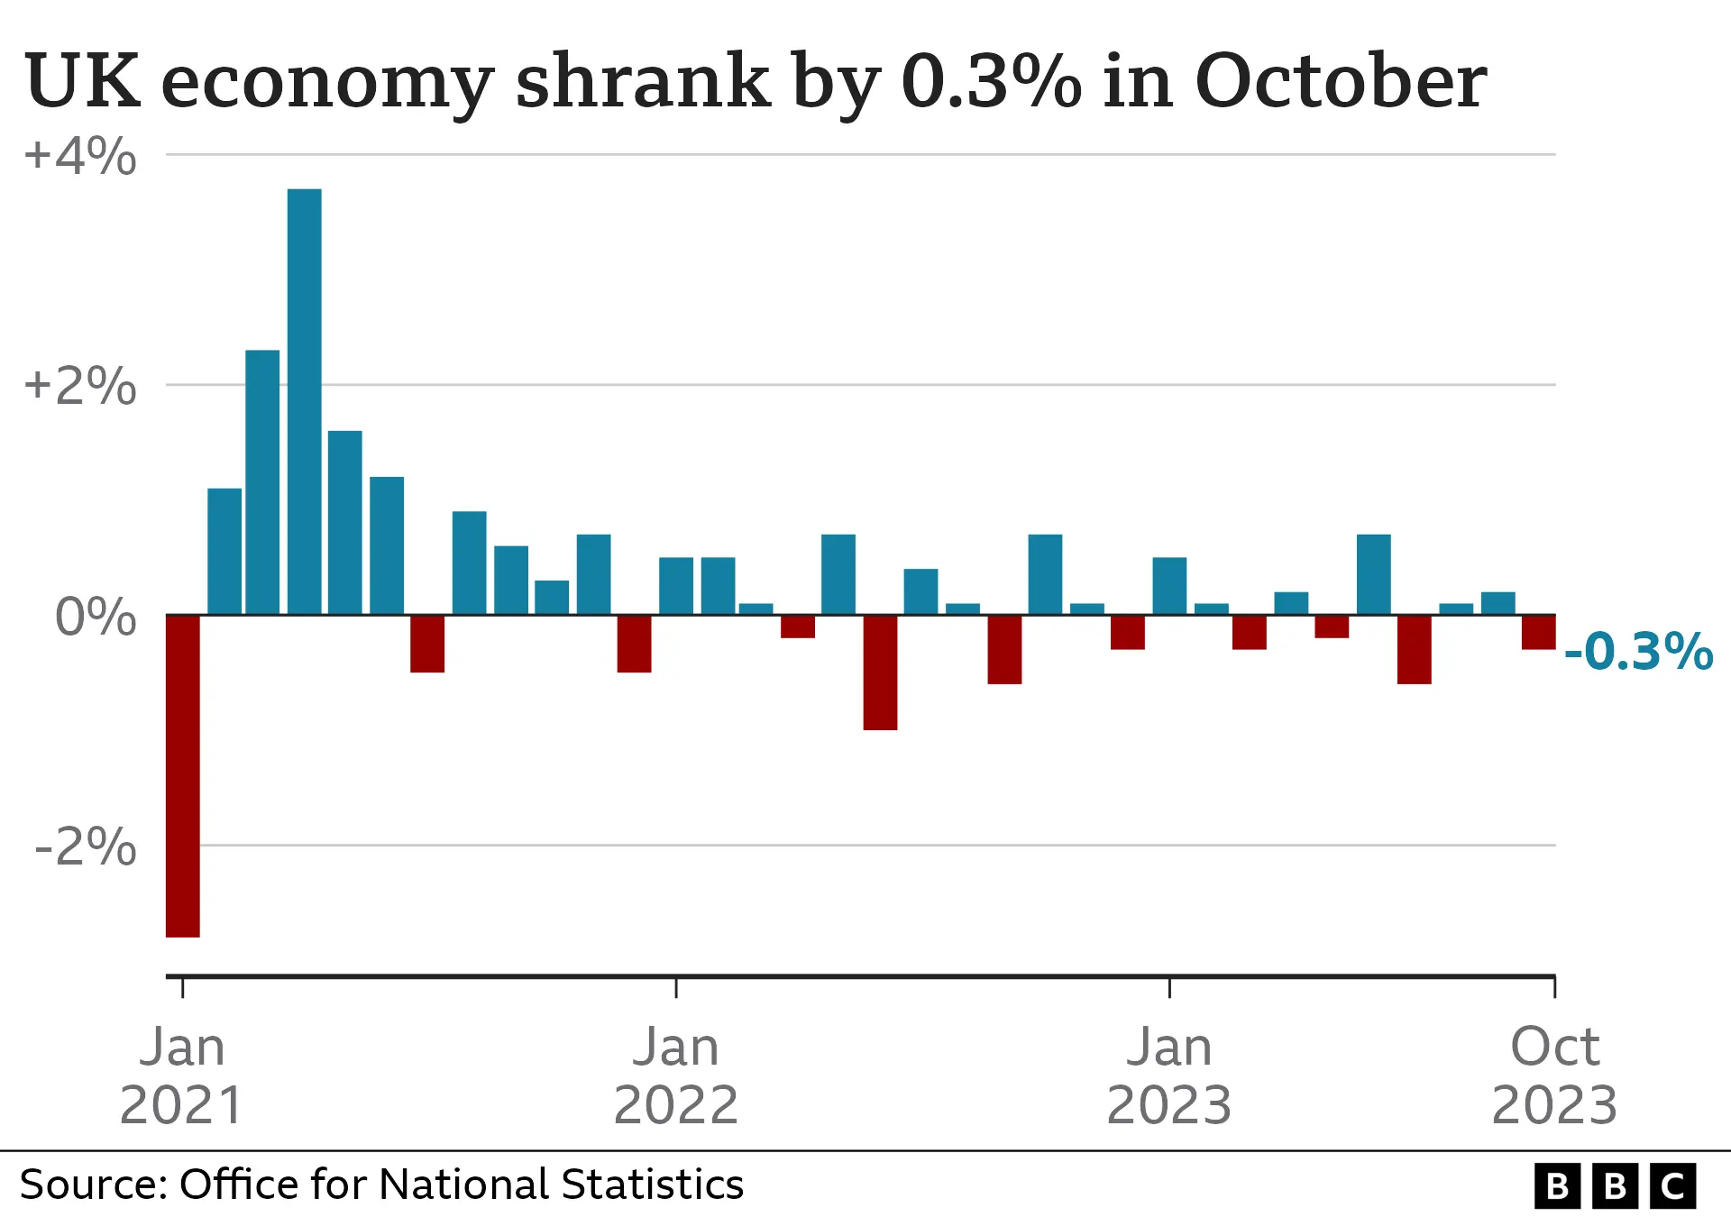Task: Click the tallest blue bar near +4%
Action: tap(304, 401)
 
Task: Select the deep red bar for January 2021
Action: tap(183, 775)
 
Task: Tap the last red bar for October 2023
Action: tap(1538, 632)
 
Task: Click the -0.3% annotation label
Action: tap(1638, 652)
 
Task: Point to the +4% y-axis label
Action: tap(80, 156)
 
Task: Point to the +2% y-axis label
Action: tap(80, 386)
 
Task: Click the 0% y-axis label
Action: tap(96, 618)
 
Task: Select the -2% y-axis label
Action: tap(86, 847)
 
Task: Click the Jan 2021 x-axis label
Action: tap(182, 1075)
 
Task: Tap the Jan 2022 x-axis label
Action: tap(676, 1075)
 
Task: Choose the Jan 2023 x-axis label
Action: tap(1169, 1075)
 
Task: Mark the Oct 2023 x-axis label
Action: tap(1554, 1075)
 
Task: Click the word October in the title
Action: tap(1340, 81)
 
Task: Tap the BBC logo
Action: tap(1615, 1186)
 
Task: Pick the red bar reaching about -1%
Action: tap(880, 673)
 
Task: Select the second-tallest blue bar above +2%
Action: tap(262, 482)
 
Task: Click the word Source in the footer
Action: tap(93, 1185)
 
